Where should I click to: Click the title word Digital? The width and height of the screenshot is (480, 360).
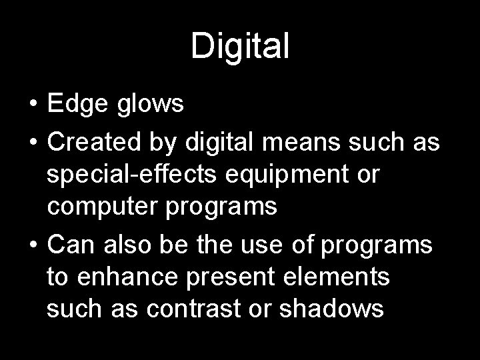pyautogui.click(x=240, y=47)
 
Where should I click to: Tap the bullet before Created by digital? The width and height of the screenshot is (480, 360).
pyautogui.click(x=33, y=141)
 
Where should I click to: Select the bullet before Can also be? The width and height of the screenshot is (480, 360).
pyautogui.click(x=33, y=245)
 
